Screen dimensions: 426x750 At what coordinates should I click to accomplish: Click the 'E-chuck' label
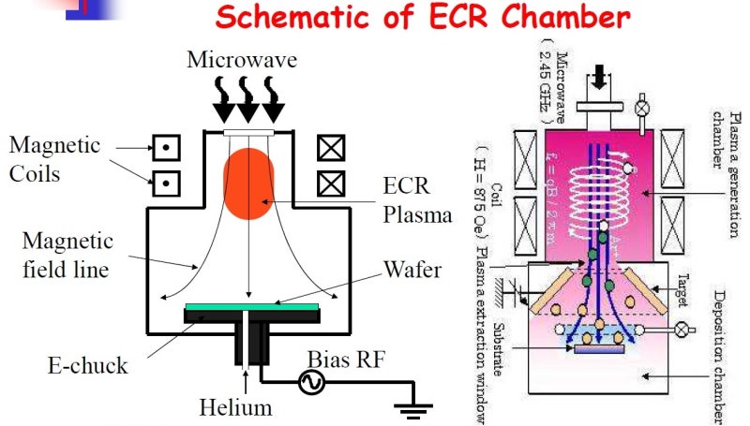[x=87, y=364]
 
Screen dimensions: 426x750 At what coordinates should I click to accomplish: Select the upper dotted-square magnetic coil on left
[x=166, y=146]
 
